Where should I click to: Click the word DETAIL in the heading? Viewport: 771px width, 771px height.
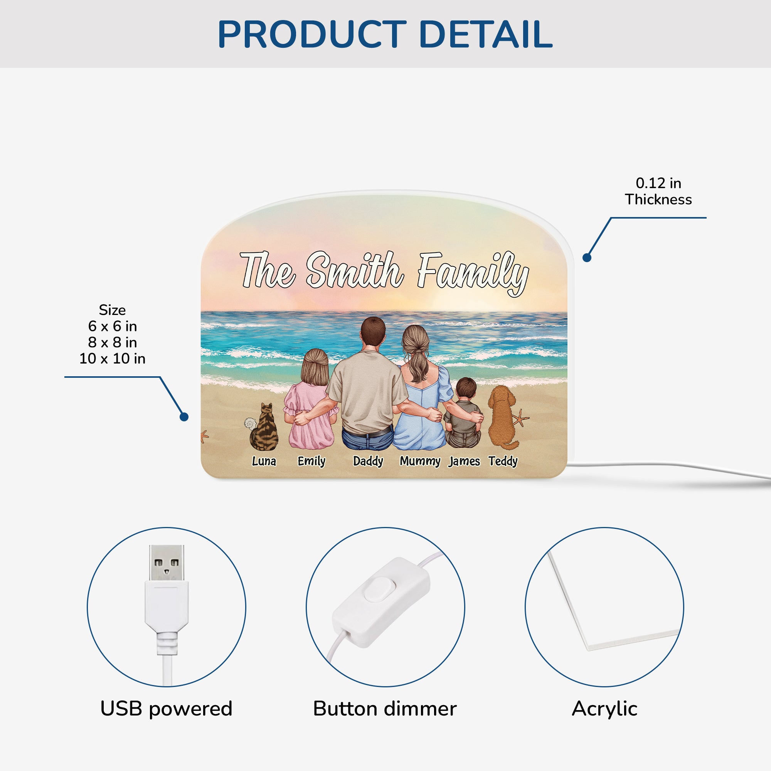tap(486, 34)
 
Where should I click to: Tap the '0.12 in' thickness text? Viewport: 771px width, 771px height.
tap(658, 183)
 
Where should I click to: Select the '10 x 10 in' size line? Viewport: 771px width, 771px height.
tap(112, 359)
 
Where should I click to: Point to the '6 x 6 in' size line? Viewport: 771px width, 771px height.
tap(112, 326)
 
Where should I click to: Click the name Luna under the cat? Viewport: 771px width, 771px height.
tap(264, 461)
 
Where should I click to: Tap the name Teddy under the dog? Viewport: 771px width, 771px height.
tap(503, 462)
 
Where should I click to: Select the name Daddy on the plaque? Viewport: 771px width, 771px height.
tap(368, 462)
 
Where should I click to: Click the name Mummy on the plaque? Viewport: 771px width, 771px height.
tap(420, 462)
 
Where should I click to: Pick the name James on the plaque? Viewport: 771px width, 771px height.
tap(464, 462)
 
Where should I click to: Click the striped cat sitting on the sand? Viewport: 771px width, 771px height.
tap(264, 428)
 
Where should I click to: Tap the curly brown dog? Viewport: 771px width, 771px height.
tap(503, 417)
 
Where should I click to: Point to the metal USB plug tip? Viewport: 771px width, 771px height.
tap(167, 564)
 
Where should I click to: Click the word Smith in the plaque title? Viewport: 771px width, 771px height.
tap(355, 270)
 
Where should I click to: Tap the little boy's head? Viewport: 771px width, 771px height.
tap(466, 389)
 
